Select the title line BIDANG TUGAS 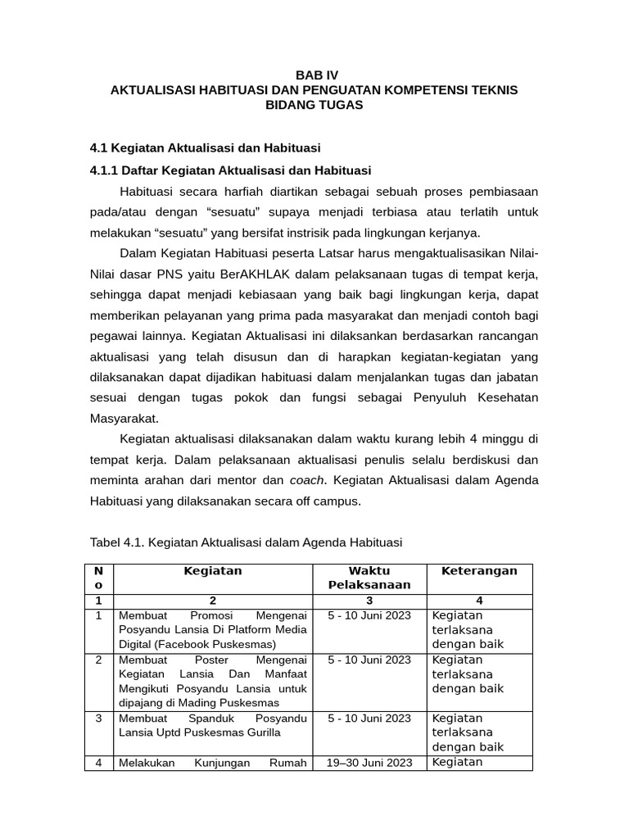pyautogui.click(x=314, y=106)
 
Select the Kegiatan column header pyautogui.click(x=213, y=571)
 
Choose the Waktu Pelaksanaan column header pyautogui.click(x=369, y=578)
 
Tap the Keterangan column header pyautogui.click(x=479, y=571)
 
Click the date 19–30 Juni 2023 pyautogui.click(x=369, y=763)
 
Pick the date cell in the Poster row pyautogui.click(x=369, y=660)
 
